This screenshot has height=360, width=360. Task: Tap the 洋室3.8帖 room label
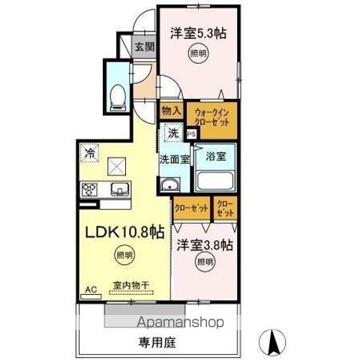click(x=204, y=244)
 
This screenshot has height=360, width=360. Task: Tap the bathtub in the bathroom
click(x=214, y=181)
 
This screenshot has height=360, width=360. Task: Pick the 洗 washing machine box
click(x=172, y=133)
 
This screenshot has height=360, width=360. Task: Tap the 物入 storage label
click(x=172, y=109)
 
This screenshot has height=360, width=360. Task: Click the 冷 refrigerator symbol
click(x=90, y=149)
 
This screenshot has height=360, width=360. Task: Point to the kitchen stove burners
click(x=90, y=189)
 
